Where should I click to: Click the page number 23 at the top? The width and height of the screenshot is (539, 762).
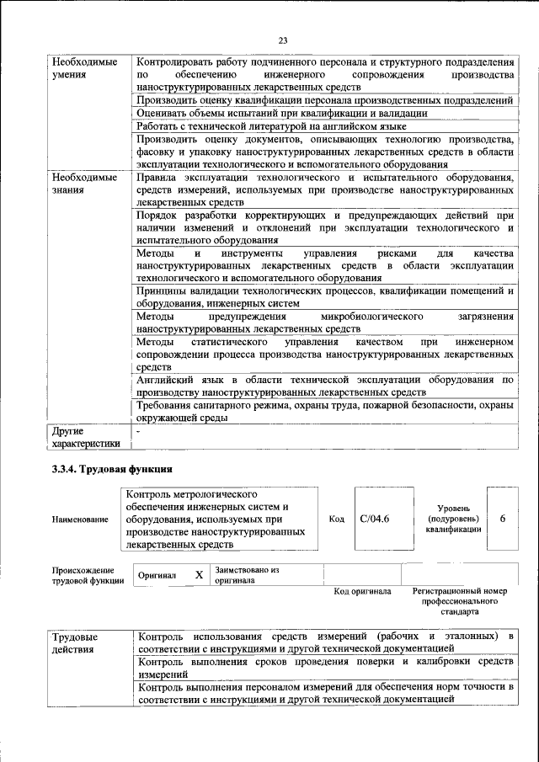click(283, 40)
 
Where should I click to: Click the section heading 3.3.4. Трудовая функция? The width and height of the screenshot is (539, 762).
click(112, 468)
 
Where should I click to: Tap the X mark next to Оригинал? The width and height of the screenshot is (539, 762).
click(199, 574)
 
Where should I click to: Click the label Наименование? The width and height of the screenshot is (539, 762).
click(80, 520)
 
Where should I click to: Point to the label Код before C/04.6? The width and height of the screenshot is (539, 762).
click(337, 519)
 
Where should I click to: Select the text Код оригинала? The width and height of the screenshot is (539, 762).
click(362, 591)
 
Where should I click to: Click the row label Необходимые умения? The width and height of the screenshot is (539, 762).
click(84, 69)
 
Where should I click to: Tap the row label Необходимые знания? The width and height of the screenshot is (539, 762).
click(84, 184)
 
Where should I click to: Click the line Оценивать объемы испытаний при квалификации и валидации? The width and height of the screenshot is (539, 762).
click(282, 112)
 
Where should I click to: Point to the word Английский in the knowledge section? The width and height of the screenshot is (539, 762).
click(170, 380)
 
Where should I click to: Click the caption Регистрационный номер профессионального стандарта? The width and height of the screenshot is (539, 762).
click(459, 602)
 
